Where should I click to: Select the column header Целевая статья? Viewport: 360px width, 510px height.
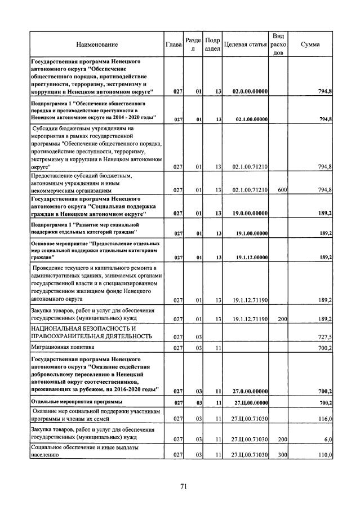coord(245,44)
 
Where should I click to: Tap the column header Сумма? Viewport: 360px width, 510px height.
coord(310,44)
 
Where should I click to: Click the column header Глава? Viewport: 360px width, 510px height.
coord(174,44)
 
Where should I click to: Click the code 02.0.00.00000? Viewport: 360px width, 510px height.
coord(250,91)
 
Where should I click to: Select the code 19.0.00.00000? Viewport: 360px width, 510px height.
coord(250,214)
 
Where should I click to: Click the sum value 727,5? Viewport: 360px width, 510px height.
coord(325,336)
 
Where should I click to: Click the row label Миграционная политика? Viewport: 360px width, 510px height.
coord(63,347)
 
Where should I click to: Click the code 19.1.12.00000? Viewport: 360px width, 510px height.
coord(250,258)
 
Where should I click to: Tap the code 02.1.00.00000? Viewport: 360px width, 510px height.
coord(250,119)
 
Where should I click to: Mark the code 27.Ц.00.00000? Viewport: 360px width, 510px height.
coord(250,403)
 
